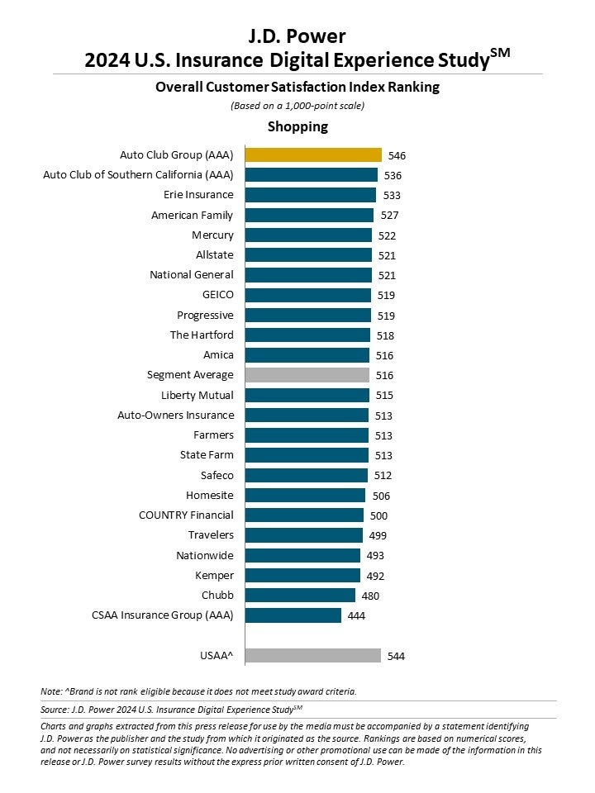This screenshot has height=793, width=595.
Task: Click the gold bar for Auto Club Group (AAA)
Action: [313, 154]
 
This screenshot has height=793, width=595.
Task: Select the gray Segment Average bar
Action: [307, 375]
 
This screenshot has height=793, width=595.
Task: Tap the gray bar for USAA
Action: [312, 656]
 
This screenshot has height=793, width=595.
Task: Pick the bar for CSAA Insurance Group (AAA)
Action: [293, 615]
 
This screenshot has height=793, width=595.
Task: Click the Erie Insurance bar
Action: [310, 195]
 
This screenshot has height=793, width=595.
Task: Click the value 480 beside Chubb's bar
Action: [370, 596]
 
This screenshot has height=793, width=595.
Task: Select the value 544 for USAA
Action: [395, 657]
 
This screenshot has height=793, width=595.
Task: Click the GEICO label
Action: [217, 295]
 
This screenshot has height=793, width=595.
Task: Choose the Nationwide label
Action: [205, 555]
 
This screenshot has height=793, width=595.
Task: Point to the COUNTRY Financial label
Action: [186, 515]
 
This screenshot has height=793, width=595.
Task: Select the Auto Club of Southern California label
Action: [138, 175]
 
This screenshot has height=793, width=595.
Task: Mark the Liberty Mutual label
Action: [198, 395]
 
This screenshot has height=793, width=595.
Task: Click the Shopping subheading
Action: [297, 126]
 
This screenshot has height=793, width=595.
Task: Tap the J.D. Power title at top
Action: [297, 36]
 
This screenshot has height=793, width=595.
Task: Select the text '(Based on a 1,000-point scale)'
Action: [297, 105]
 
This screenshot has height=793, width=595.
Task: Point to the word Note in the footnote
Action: [50, 691]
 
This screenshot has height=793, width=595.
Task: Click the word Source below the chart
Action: [54, 709]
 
